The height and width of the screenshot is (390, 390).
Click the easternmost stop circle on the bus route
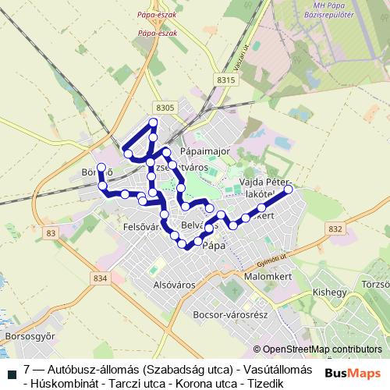289,190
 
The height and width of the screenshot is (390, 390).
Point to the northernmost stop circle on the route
154,122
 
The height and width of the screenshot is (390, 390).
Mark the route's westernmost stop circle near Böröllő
101,168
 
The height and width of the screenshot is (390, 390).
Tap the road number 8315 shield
226,80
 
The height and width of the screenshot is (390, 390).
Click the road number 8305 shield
165,108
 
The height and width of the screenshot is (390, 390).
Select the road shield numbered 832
335,229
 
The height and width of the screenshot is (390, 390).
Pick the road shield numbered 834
99,278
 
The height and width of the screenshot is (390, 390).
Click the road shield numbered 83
51,233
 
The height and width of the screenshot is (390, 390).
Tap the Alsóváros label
173,285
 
